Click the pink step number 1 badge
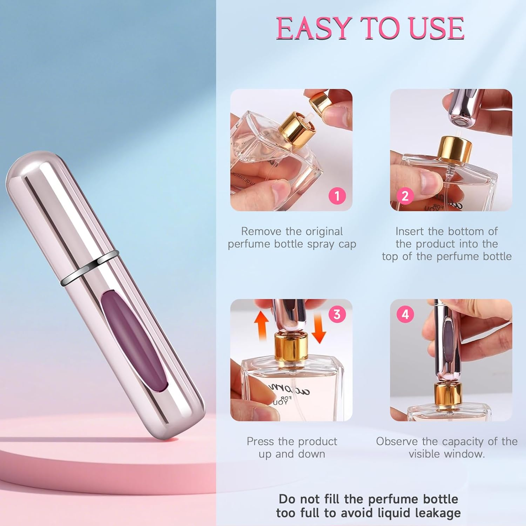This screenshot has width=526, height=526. click(x=337, y=196)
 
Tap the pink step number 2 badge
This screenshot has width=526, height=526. click(x=405, y=196)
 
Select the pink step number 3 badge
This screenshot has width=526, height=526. click(x=337, y=314)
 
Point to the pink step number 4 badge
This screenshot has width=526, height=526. click(x=405, y=314)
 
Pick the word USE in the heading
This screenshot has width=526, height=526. click(x=437, y=29)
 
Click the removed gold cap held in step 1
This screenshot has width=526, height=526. click(x=321, y=101)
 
